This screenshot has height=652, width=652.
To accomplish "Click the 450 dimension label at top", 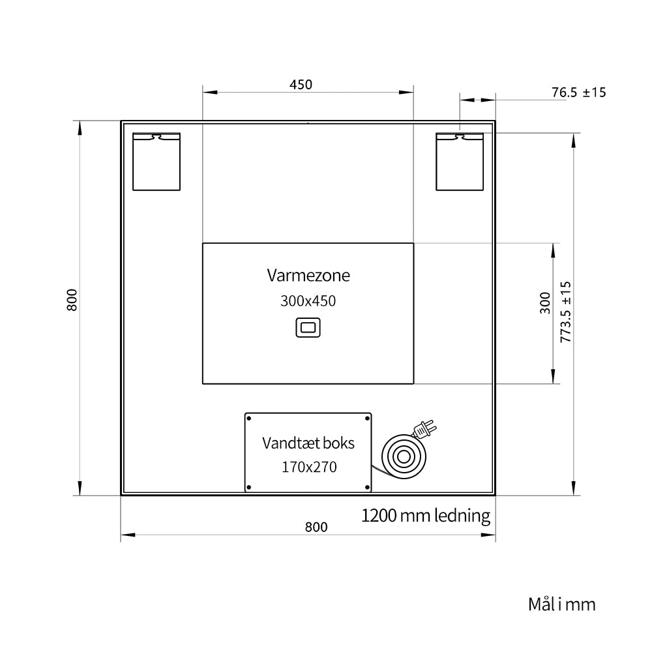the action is [x=301, y=84].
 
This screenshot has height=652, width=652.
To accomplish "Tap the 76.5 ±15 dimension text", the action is [x=579, y=93].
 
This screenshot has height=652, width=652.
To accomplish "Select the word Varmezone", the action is [x=308, y=275].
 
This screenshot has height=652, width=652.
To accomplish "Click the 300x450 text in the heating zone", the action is [x=308, y=301].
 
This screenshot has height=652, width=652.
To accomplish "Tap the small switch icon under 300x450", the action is [x=308, y=327].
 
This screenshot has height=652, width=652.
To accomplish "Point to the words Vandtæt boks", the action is [x=308, y=443].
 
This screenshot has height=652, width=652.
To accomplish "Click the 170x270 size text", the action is [x=309, y=467].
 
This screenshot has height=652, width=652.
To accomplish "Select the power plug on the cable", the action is [x=425, y=429].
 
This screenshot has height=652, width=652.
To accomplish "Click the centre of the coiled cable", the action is [x=404, y=457].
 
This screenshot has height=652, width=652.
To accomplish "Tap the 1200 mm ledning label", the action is [x=425, y=516].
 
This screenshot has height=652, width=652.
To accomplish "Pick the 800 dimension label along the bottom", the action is [x=316, y=527].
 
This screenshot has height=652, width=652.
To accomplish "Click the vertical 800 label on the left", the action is [x=72, y=300].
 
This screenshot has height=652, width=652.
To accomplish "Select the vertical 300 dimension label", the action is [x=545, y=303].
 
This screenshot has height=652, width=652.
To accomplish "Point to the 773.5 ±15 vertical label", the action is [x=566, y=312].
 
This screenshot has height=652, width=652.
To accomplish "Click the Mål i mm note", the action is [x=562, y=604].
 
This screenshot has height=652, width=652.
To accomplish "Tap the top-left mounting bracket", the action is [x=156, y=162].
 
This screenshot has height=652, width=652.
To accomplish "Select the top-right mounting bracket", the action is [x=460, y=162].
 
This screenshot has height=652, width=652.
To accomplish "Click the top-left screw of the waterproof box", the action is [x=248, y=419].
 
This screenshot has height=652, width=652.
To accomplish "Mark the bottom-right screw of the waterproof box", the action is [x=367, y=487].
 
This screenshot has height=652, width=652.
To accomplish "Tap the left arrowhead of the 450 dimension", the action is [x=210, y=93].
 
